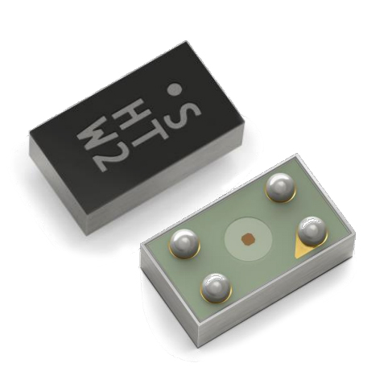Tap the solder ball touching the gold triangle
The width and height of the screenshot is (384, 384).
311,233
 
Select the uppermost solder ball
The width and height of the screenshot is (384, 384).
278,190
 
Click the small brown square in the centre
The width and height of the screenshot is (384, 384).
247,237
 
